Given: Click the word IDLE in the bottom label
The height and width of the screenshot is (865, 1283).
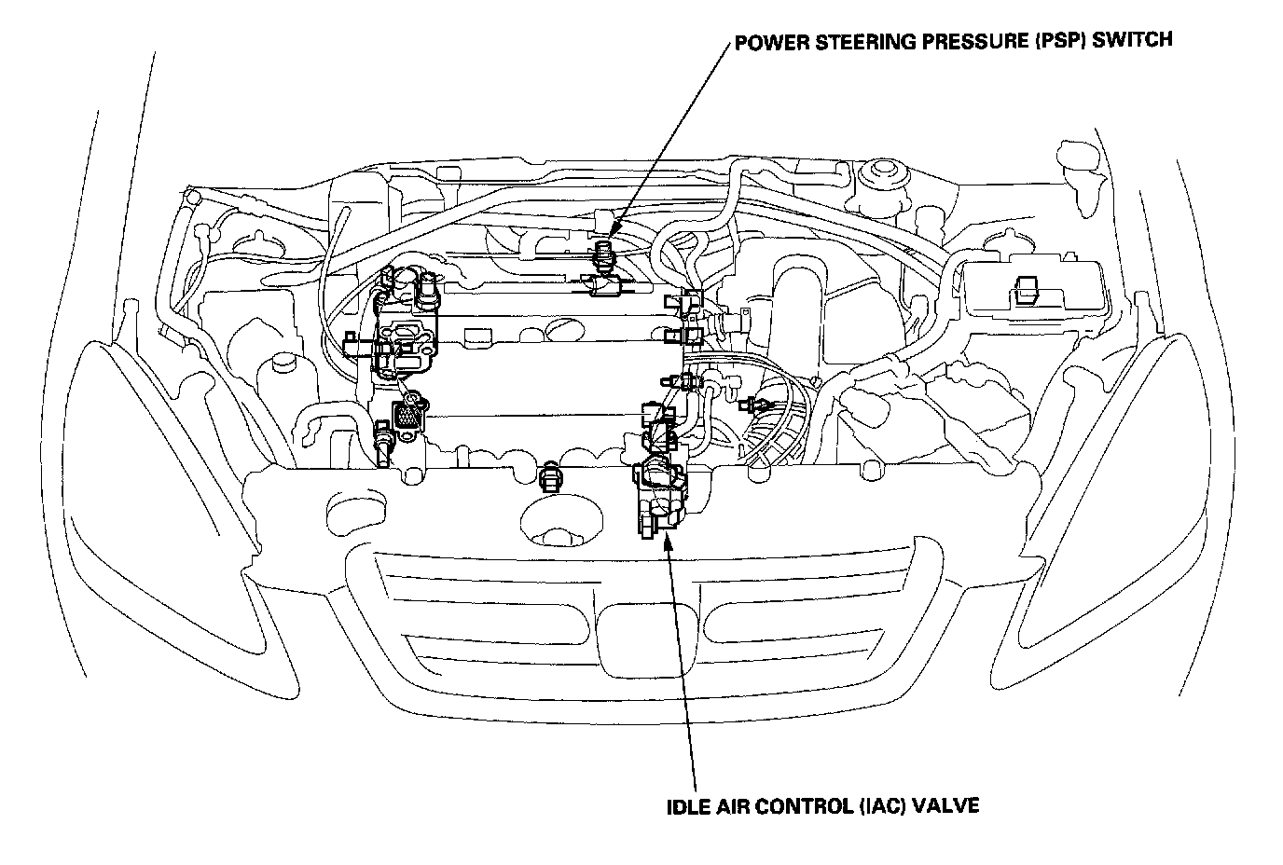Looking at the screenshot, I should pyautogui.click(x=683, y=805).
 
